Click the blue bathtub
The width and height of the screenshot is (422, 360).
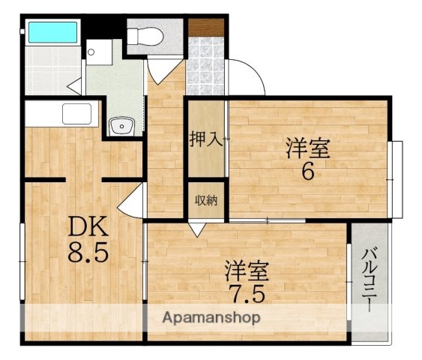(52, 33)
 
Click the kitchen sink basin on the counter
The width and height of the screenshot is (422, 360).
(76, 114)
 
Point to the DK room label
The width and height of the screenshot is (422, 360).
(88, 226)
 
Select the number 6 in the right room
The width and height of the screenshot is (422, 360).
(308, 172)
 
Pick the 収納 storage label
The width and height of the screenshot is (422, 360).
(206, 199)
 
